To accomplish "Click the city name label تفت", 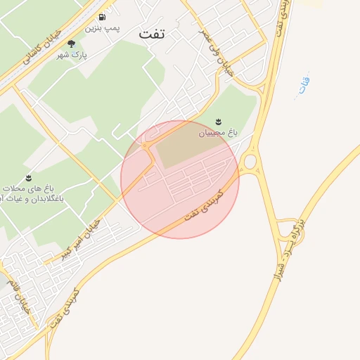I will click(152, 34).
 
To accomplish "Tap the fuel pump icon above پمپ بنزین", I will click(103, 17).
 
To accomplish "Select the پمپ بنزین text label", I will click(103, 28).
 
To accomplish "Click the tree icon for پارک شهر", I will click(71, 44).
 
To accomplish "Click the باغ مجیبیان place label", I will click(217, 132).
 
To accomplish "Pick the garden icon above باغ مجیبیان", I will click(218, 122).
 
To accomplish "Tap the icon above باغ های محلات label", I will click(28, 177).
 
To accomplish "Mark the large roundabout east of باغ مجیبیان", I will click(250, 162).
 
